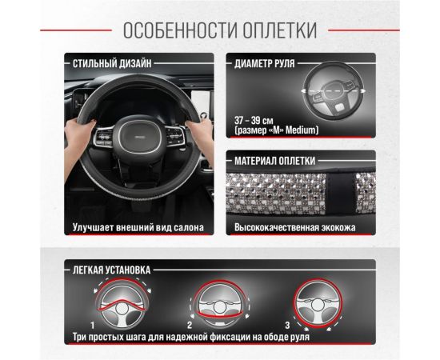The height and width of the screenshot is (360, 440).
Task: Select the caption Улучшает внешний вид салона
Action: click(x=138, y=228)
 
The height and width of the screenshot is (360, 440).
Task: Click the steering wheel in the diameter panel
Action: click(x=331, y=93)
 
